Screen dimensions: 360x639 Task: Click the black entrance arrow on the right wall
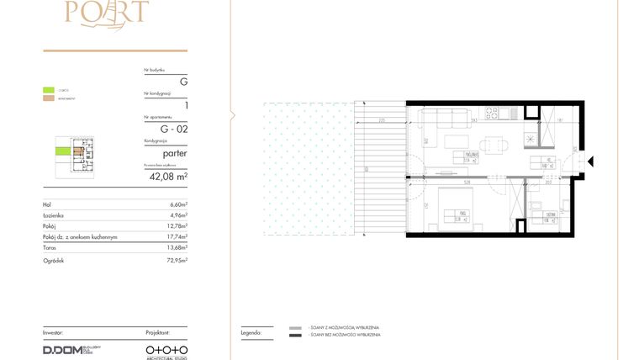(x=591, y=161)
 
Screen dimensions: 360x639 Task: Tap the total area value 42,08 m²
(x=168, y=177)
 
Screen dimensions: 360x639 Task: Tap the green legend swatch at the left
(x=49, y=90)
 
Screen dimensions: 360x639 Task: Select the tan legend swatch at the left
(x=49, y=98)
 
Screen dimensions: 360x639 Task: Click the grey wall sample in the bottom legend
(x=295, y=326)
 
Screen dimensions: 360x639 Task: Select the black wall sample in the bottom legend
(x=295, y=335)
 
